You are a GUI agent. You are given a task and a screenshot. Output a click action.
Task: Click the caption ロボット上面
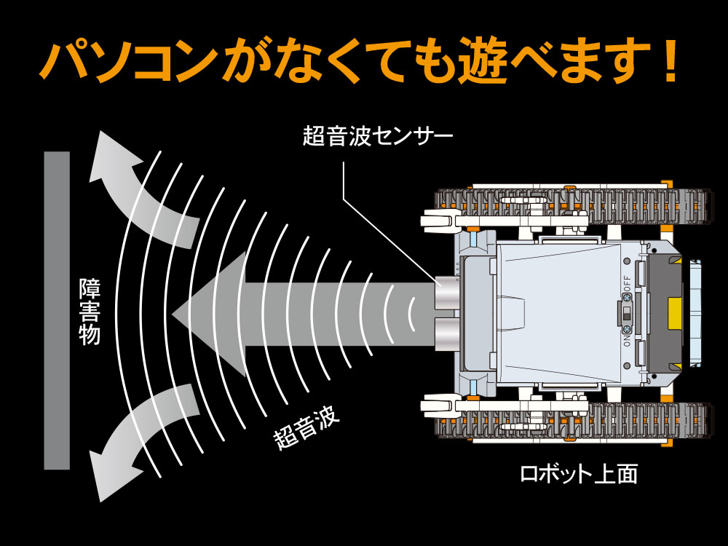[579, 474]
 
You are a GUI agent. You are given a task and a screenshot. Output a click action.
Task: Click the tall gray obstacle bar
[57, 310]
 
